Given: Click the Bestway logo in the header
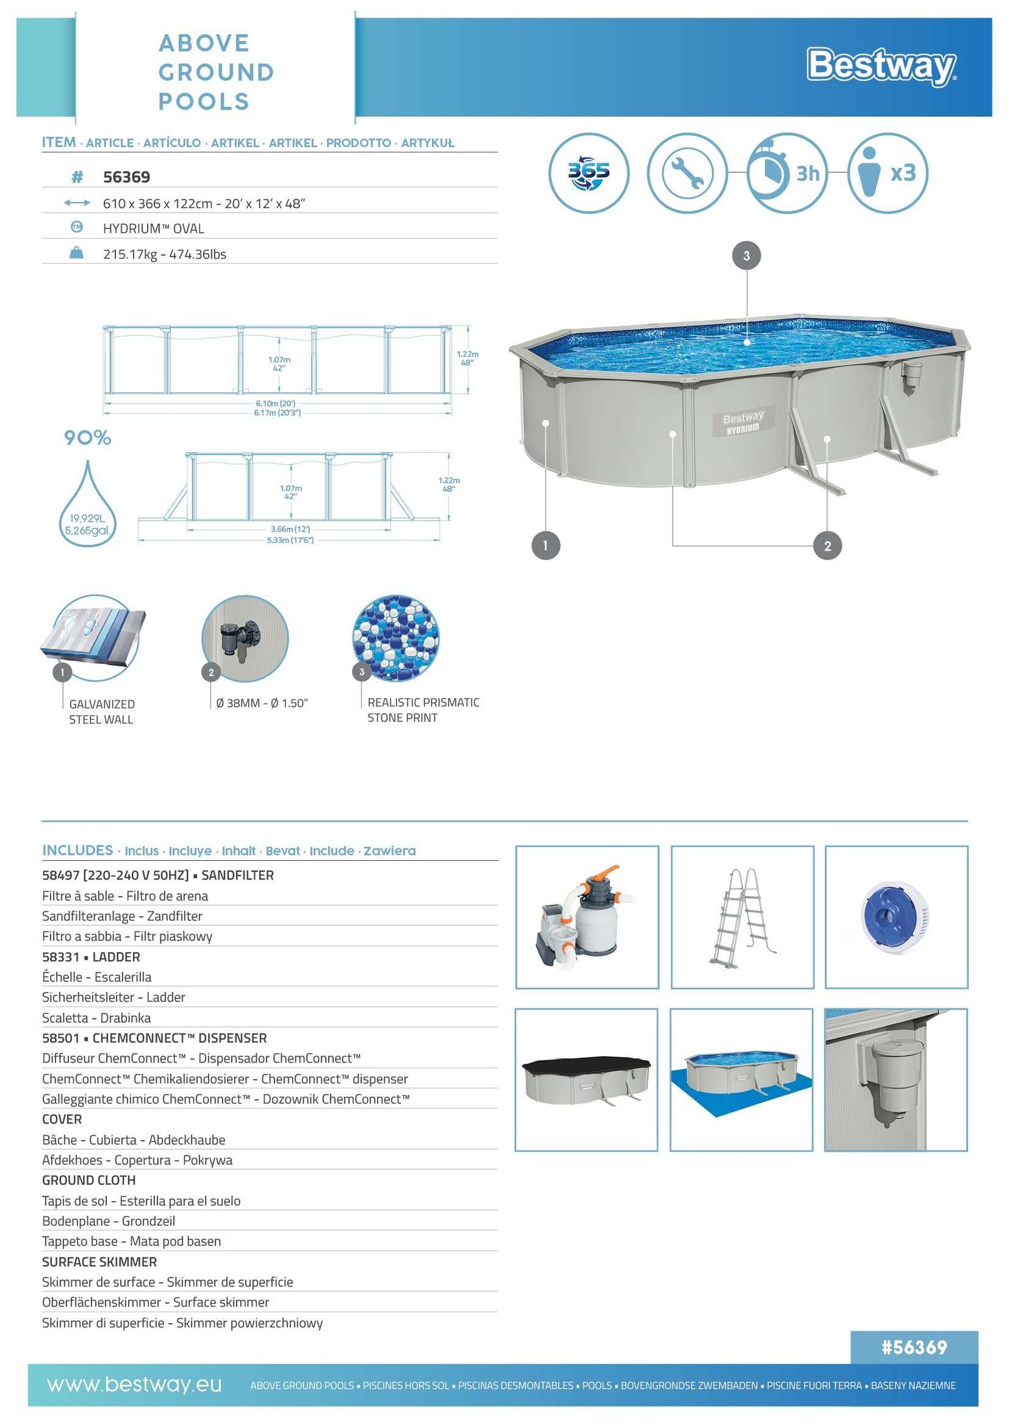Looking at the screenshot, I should point(881,66).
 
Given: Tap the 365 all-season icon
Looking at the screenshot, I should point(588,173).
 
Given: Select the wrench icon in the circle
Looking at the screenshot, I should point(687,173).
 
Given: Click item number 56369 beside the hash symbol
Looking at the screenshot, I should point(126,177).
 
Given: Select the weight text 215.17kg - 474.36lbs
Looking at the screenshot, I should point(165,254).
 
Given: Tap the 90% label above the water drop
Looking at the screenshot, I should point(87,438).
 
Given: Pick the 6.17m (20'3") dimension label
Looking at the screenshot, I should point(277,412).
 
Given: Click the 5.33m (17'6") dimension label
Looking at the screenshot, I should point(290,540).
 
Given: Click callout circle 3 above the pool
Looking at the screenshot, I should point(746,256).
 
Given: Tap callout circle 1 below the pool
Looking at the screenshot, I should point(545,545).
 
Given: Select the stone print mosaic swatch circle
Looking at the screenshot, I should point(395,638).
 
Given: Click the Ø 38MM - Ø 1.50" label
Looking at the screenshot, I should point(262,703).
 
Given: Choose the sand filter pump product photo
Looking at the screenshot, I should point(587,917).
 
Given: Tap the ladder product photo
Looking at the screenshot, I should point(742,917).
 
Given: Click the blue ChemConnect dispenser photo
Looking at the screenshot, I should point(896,917).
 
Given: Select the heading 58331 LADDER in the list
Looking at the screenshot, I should point(91,957).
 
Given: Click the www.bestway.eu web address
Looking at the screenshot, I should point(134,1385).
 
